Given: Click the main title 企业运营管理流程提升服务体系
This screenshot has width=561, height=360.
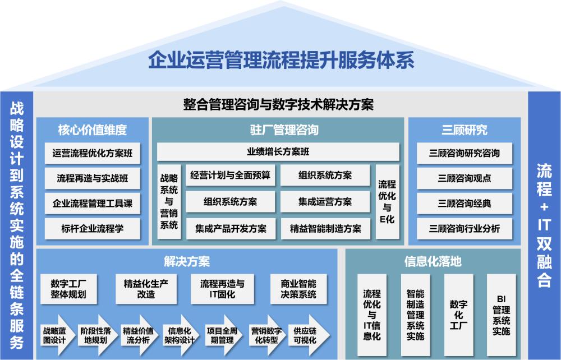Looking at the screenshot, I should [x=281, y=60].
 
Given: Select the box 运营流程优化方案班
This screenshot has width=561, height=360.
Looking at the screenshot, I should [x=93, y=153].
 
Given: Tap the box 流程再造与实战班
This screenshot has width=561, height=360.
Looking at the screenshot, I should [x=93, y=178].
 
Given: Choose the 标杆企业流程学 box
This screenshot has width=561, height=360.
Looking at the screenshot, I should [x=93, y=228].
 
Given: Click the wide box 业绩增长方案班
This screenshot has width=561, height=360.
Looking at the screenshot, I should [x=278, y=151].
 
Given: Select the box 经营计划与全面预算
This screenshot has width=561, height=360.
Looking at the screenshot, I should [x=231, y=175].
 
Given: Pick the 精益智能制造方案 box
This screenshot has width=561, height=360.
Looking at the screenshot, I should [x=325, y=229].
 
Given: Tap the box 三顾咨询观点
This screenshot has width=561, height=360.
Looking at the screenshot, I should [x=464, y=178].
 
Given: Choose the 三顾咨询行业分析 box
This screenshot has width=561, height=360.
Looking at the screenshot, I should [x=464, y=228].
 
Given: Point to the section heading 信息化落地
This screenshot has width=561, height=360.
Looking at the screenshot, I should [x=433, y=261].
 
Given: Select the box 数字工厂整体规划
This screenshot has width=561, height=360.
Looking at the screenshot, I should [x=68, y=289].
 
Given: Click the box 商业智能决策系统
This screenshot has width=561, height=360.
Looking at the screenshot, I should [x=298, y=289].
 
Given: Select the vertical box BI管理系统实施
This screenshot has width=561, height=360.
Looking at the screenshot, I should [x=501, y=315].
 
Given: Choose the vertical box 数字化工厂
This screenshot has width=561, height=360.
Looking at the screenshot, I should [x=458, y=315].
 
